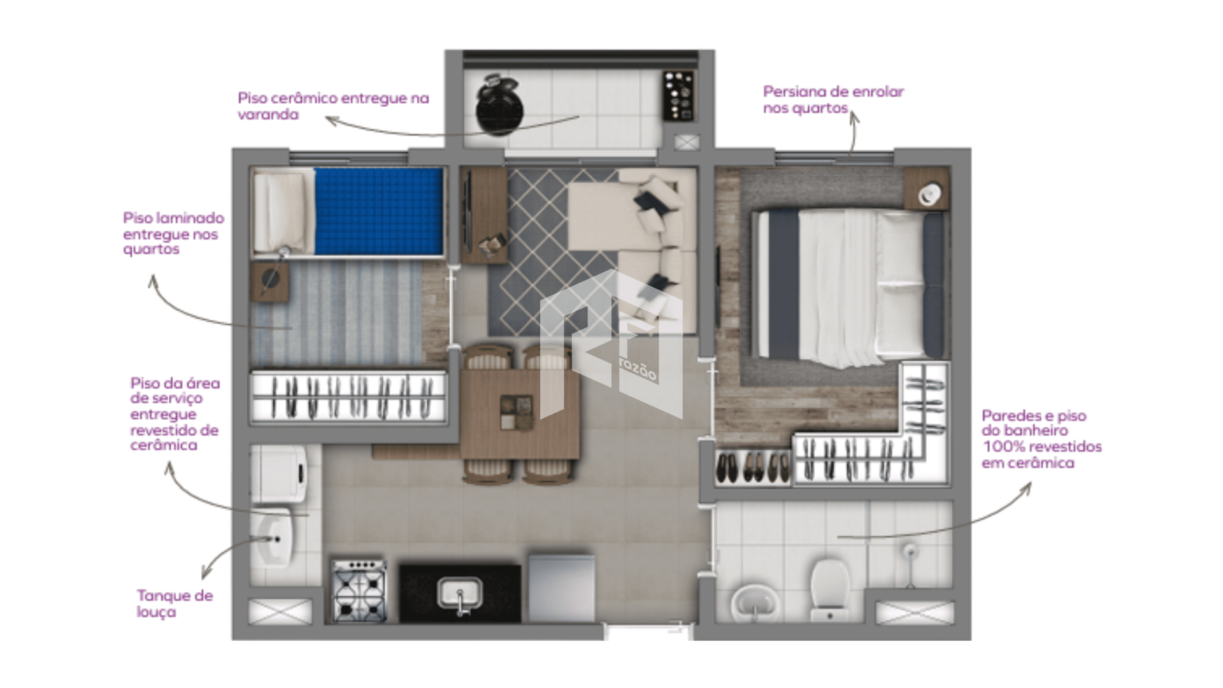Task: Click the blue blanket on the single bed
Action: (x=378, y=211)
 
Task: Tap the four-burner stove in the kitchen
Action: (x=359, y=591)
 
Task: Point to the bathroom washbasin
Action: (x=756, y=603)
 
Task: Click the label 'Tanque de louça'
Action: (x=175, y=604)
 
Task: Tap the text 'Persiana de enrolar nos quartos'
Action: (x=833, y=100)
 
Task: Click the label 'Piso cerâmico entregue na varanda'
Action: (x=333, y=106)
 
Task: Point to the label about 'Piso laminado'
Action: (x=173, y=233)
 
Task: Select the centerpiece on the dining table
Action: (x=517, y=412)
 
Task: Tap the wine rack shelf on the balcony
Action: (x=678, y=96)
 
